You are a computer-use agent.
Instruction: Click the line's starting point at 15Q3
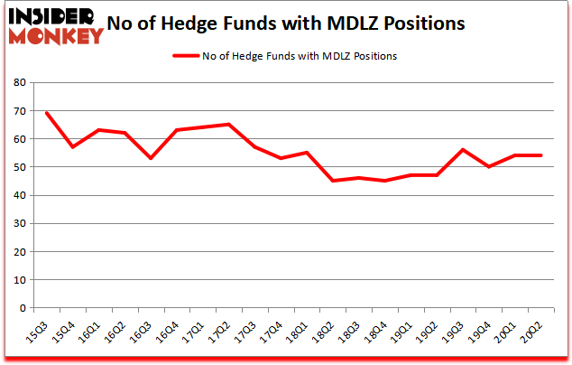[x=46, y=113]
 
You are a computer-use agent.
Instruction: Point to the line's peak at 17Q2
[x=228, y=125]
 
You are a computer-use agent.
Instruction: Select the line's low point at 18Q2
[x=332, y=181]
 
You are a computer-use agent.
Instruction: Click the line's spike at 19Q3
[x=462, y=150]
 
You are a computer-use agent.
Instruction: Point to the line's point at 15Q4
[x=72, y=147]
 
